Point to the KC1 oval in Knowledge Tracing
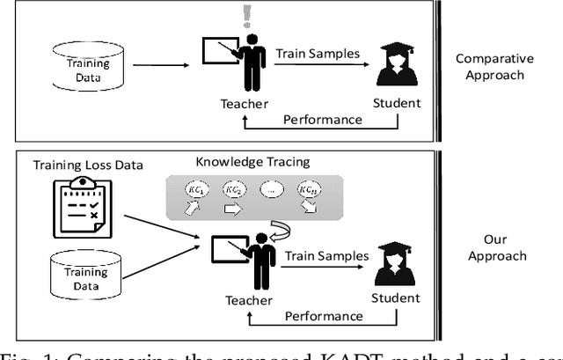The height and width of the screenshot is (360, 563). [x=194, y=190]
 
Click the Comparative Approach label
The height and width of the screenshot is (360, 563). [x=494, y=67]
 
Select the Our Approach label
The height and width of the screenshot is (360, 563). [x=494, y=247]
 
